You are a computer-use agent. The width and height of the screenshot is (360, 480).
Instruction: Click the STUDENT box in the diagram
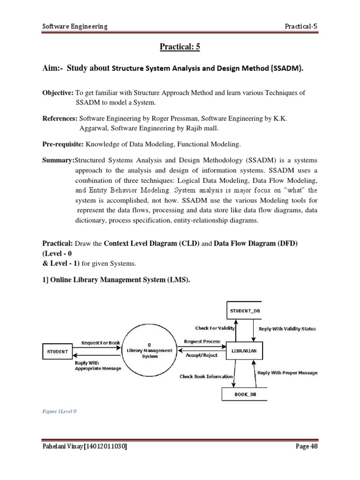point(58,351)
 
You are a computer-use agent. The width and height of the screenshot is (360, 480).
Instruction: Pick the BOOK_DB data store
point(245,395)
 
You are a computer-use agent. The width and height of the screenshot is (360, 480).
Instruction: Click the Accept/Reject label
point(202,355)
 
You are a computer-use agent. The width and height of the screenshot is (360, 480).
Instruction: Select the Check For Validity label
point(214,328)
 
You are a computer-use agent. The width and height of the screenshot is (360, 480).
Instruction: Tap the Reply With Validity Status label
point(287,329)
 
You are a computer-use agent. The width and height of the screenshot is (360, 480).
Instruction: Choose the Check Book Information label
point(206,376)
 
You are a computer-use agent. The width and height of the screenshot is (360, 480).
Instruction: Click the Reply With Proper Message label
point(287,373)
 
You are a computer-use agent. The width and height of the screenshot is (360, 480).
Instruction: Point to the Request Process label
point(202,342)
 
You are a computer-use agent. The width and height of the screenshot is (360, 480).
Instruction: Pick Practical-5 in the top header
point(301,26)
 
